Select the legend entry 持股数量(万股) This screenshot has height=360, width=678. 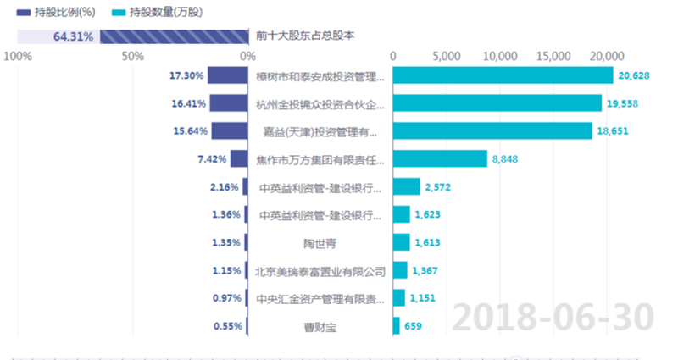click(161, 13)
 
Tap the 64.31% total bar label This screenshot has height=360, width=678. click(73, 36)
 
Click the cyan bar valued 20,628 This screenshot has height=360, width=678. click(503, 75)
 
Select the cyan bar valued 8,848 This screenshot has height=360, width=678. click(440, 158)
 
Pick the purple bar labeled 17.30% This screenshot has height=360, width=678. click(227, 75)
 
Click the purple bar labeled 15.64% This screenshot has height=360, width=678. click(229, 131)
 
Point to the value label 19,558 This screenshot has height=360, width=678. click(622, 104)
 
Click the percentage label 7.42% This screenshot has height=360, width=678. click(212, 158)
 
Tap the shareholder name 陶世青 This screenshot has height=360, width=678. click(320, 243)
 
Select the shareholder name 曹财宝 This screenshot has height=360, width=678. click(320, 326)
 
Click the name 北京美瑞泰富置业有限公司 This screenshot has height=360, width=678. click(320, 272)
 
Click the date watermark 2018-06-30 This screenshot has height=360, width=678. click(552, 316)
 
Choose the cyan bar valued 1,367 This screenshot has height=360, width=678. click(401, 271)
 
